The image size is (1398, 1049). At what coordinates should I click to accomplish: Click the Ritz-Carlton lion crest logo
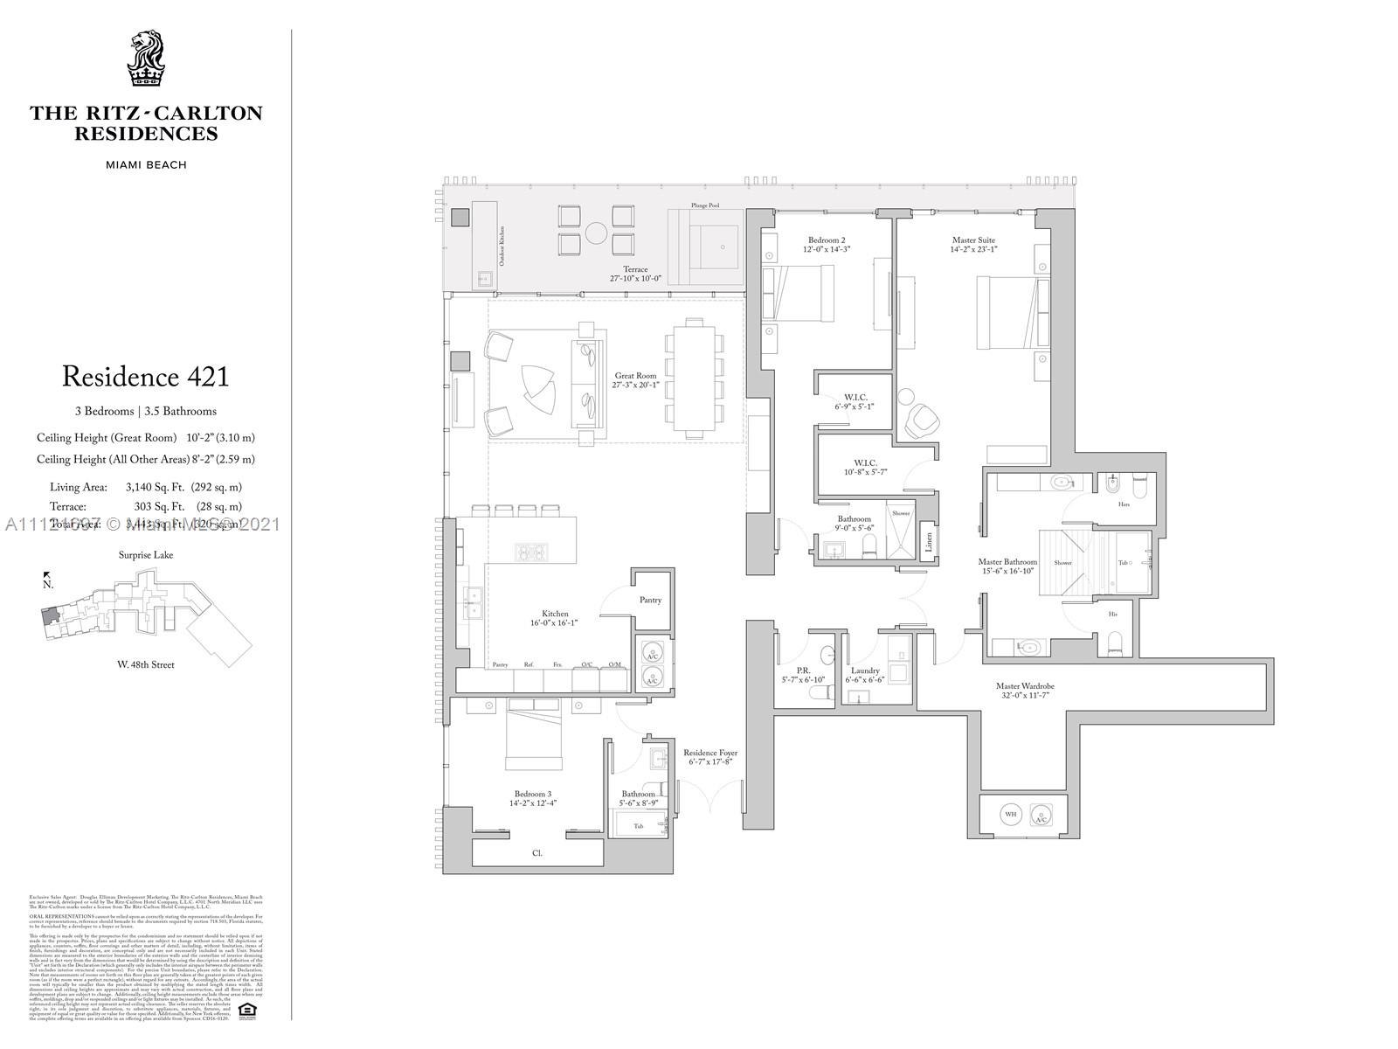[145, 59]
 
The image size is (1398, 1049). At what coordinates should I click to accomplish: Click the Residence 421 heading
[145, 377]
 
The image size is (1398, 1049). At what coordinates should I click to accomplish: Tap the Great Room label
[635, 376]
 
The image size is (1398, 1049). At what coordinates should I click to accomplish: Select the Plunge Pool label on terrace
[704, 205]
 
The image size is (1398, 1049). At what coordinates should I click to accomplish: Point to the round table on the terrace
[597, 233]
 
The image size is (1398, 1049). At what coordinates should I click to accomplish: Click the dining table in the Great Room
[695, 379]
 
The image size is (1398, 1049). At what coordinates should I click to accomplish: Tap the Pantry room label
[650, 600]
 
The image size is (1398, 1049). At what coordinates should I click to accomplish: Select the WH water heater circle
[1011, 814]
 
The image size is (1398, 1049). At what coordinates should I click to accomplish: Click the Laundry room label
[865, 670]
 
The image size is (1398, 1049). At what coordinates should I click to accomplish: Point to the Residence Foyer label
[710, 753]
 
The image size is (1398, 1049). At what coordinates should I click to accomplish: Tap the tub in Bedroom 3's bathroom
[639, 825]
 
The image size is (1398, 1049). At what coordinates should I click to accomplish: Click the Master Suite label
[973, 240]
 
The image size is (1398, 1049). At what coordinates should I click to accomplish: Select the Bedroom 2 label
[827, 240]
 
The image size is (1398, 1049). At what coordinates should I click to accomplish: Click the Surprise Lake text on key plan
[146, 555]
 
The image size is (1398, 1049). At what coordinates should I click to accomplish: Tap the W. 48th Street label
[146, 664]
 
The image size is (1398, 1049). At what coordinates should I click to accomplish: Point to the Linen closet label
[929, 541]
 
